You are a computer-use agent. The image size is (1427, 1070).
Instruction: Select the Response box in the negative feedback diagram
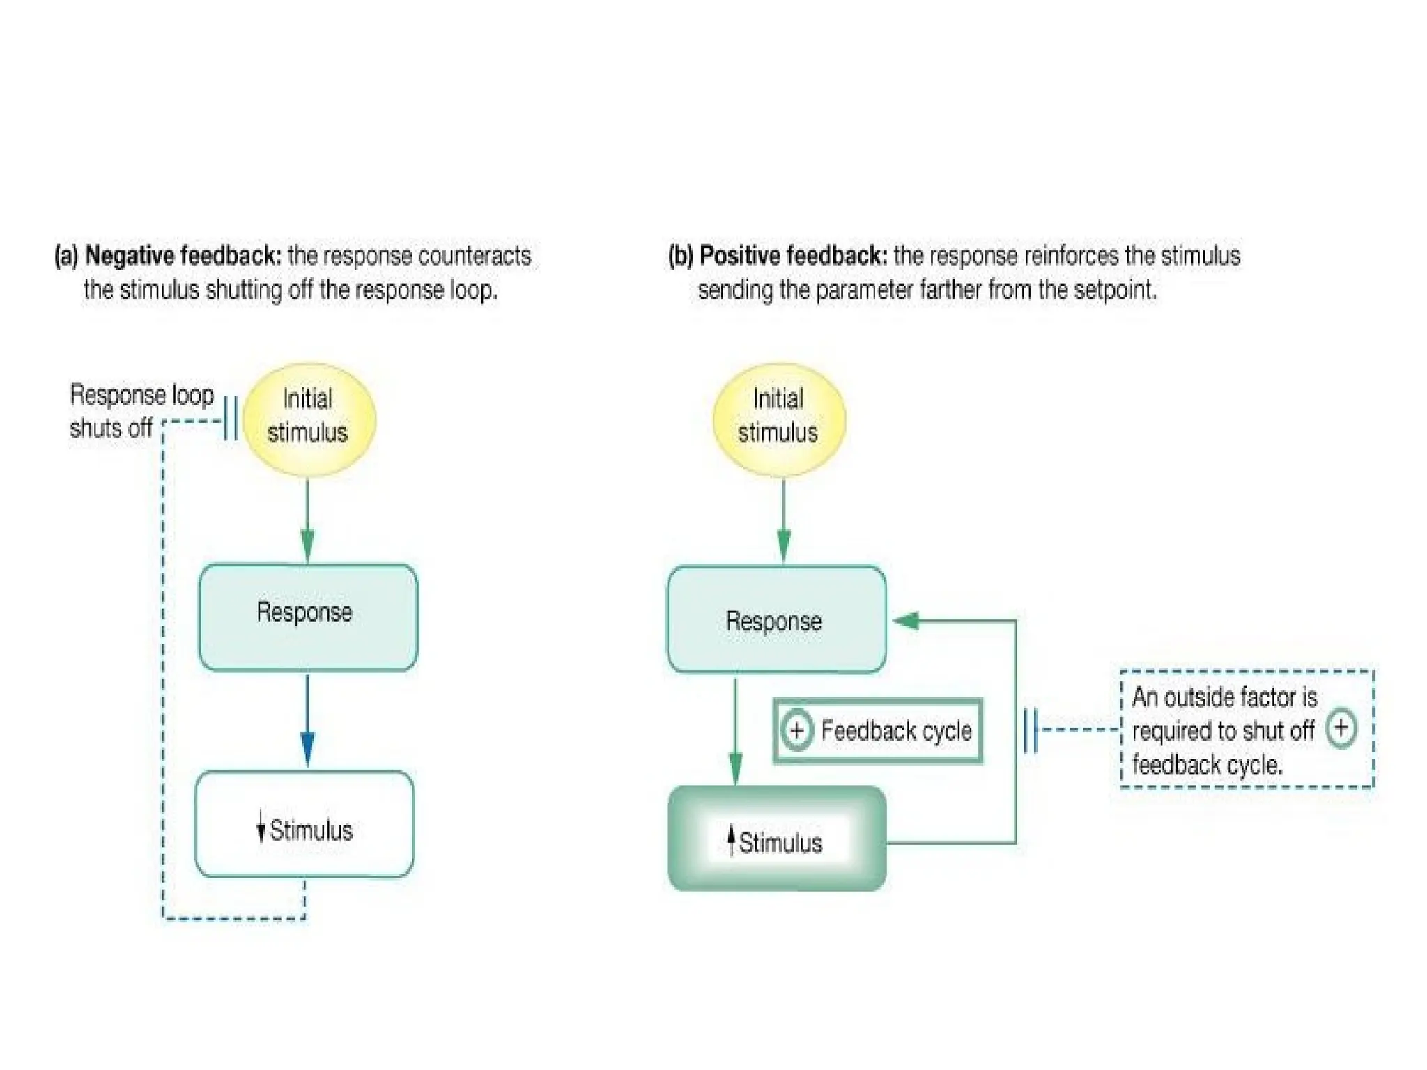[308, 617]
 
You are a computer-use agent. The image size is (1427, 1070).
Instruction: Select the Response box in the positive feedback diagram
[776, 620]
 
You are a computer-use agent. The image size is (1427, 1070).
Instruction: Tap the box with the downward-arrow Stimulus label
[304, 823]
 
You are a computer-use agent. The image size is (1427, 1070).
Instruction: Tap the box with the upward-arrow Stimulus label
[776, 839]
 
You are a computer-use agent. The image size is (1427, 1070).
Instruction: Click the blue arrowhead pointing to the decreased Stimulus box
[307, 749]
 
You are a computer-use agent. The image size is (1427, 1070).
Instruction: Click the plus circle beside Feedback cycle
[796, 730]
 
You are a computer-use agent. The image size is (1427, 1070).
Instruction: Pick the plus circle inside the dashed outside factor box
[1341, 728]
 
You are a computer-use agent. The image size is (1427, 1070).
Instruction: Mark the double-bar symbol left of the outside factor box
[1031, 729]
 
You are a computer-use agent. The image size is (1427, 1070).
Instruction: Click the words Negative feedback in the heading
[183, 256]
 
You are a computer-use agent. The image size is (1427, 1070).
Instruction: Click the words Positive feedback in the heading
[793, 256]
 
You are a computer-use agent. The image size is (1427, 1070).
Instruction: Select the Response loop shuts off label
[141, 411]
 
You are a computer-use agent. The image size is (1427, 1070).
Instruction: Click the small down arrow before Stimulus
[261, 826]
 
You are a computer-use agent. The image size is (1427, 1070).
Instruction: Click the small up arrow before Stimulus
[731, 839]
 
